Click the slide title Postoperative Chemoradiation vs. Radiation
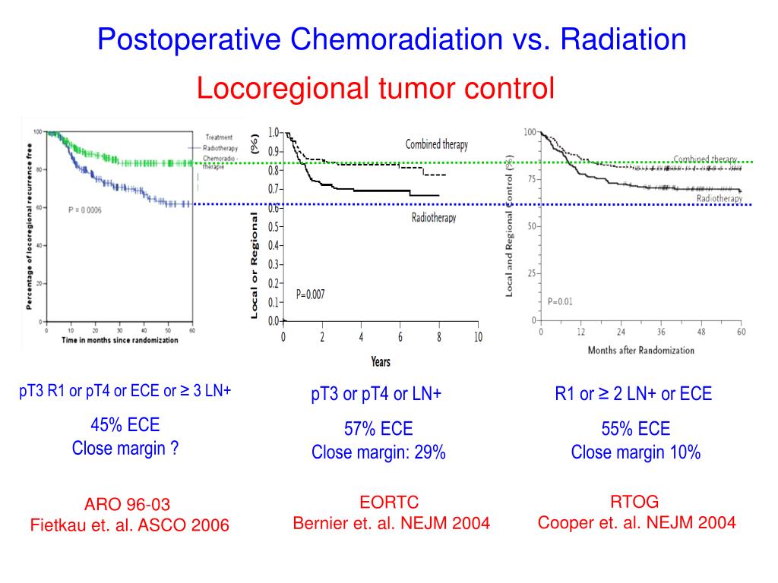[391, 39]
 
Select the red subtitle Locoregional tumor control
[375, 89]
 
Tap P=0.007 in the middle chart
[310, 295]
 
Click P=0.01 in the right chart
[560, 301]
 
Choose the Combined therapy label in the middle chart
[436, 144]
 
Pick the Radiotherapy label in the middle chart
[434, 218]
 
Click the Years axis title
[381, 361]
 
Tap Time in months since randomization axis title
[120, 340]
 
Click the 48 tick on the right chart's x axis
[702, 332]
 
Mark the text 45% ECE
[125, 424]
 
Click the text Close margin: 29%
[378, 453]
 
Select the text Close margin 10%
[636, 453]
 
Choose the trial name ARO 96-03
[128, 505]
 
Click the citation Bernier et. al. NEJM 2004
[391, 523]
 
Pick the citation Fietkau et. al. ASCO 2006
[129, 525]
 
